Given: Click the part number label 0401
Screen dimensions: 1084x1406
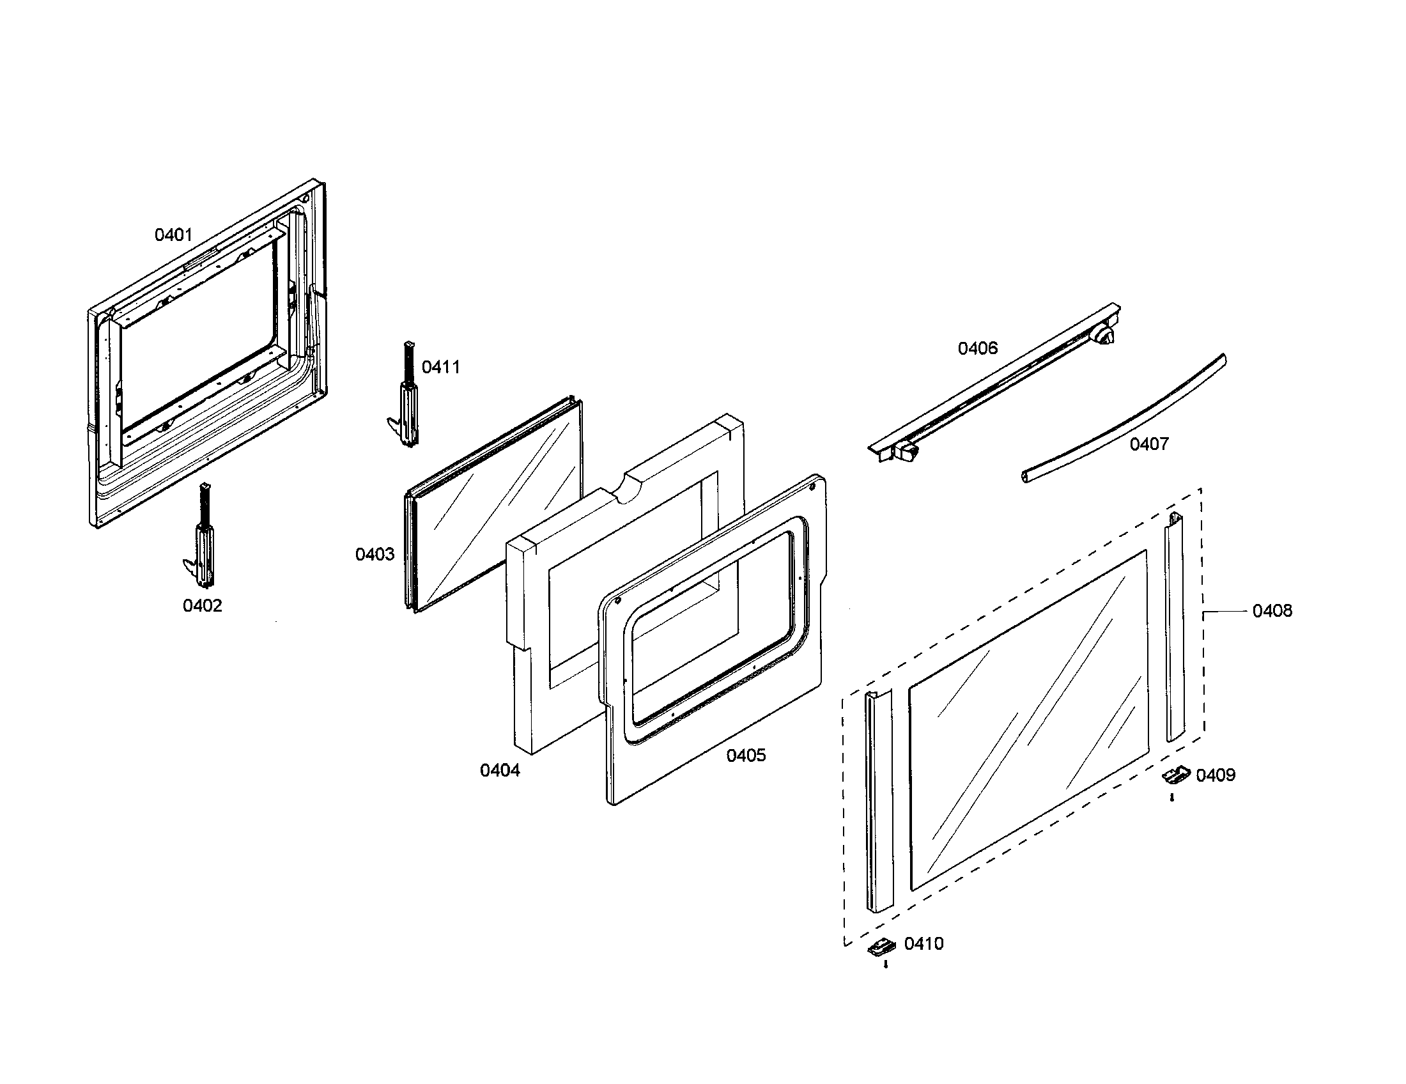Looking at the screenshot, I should [173, 235].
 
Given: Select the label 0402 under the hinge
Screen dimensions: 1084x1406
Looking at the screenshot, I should [202, 606].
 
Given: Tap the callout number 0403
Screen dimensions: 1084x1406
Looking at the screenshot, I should [375, 554].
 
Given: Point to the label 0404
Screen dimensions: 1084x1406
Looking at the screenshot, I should [500, 770].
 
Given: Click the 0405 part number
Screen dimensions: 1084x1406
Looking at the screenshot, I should [746, 755].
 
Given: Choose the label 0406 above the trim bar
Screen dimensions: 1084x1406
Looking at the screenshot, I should [977, 348].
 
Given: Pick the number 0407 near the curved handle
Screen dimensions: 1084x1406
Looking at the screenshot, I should [1149, 444].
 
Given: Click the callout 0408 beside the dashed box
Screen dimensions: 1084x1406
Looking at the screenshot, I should [1272, 611].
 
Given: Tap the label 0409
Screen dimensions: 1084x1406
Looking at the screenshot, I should [1216, 775].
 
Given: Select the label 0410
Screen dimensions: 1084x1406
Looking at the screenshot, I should [924, 943].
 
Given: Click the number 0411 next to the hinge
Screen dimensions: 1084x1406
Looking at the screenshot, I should [441, 368].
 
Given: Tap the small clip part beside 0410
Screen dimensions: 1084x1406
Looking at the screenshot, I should [881, 946].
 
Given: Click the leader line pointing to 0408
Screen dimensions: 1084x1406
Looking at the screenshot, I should [1226, 611].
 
